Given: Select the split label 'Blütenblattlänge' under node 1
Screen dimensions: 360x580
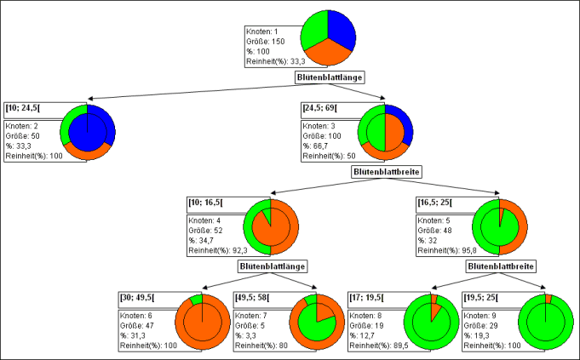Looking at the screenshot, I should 330,77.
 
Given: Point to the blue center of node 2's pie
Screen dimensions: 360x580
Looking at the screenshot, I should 88,132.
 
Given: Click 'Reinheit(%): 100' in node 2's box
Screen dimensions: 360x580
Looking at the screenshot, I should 36,157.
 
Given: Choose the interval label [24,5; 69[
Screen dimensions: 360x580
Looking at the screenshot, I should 320,108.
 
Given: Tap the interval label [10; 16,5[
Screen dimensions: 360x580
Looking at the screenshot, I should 205,202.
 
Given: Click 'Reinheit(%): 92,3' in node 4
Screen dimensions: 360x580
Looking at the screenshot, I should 220,251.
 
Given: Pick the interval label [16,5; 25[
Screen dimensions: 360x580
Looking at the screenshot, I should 434,202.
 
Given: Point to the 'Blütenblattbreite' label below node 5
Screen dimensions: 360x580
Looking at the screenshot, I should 501,266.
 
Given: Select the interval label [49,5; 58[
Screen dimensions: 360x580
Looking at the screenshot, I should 254,297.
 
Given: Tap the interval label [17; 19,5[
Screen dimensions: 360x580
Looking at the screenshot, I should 367,297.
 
